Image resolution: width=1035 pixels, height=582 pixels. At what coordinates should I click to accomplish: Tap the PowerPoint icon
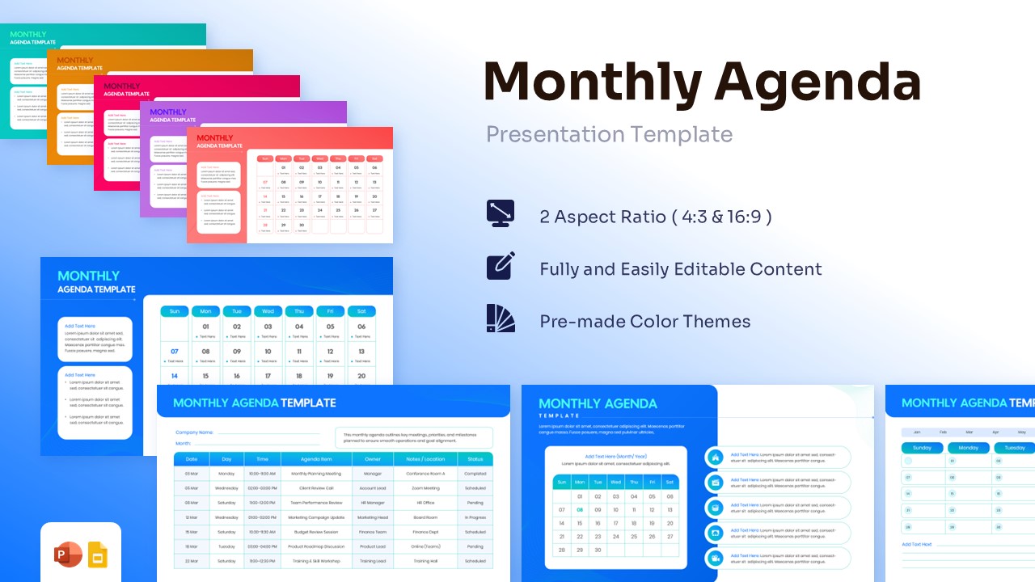[68, 555]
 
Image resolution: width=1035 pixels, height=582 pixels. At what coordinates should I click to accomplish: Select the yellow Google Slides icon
[98, 555]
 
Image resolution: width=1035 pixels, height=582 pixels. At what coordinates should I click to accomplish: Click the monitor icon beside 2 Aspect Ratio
[501, 213]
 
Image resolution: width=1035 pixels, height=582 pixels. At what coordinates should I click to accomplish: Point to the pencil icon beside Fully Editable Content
[501, 266]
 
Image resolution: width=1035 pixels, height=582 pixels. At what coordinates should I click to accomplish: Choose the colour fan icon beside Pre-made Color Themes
[501, 318]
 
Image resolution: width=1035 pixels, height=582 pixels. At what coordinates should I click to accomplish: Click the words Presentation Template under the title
[609, 134]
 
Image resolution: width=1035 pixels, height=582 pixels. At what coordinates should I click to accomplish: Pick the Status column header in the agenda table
[475, 459]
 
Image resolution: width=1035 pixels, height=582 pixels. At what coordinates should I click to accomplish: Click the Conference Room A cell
[425, 474]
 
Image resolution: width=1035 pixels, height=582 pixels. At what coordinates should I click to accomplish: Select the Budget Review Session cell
[316, 532]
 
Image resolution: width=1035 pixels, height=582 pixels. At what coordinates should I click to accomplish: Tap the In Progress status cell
[475, 517]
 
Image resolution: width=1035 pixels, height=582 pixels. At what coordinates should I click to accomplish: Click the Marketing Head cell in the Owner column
[373, 517]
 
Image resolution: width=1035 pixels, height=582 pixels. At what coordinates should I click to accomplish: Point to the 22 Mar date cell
[192, 561]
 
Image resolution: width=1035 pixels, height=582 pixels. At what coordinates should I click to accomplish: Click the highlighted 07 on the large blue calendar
[174, 352]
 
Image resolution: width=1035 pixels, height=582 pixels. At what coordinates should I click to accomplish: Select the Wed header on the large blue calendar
[268, 311]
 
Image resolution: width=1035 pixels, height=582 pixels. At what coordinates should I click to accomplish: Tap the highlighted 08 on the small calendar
[580, 510]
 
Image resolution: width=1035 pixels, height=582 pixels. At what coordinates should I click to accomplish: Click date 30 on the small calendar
[598, 550]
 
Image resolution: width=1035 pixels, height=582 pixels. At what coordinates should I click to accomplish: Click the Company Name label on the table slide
[194, 432]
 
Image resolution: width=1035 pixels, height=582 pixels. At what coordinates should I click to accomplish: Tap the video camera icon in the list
[715, 559]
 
